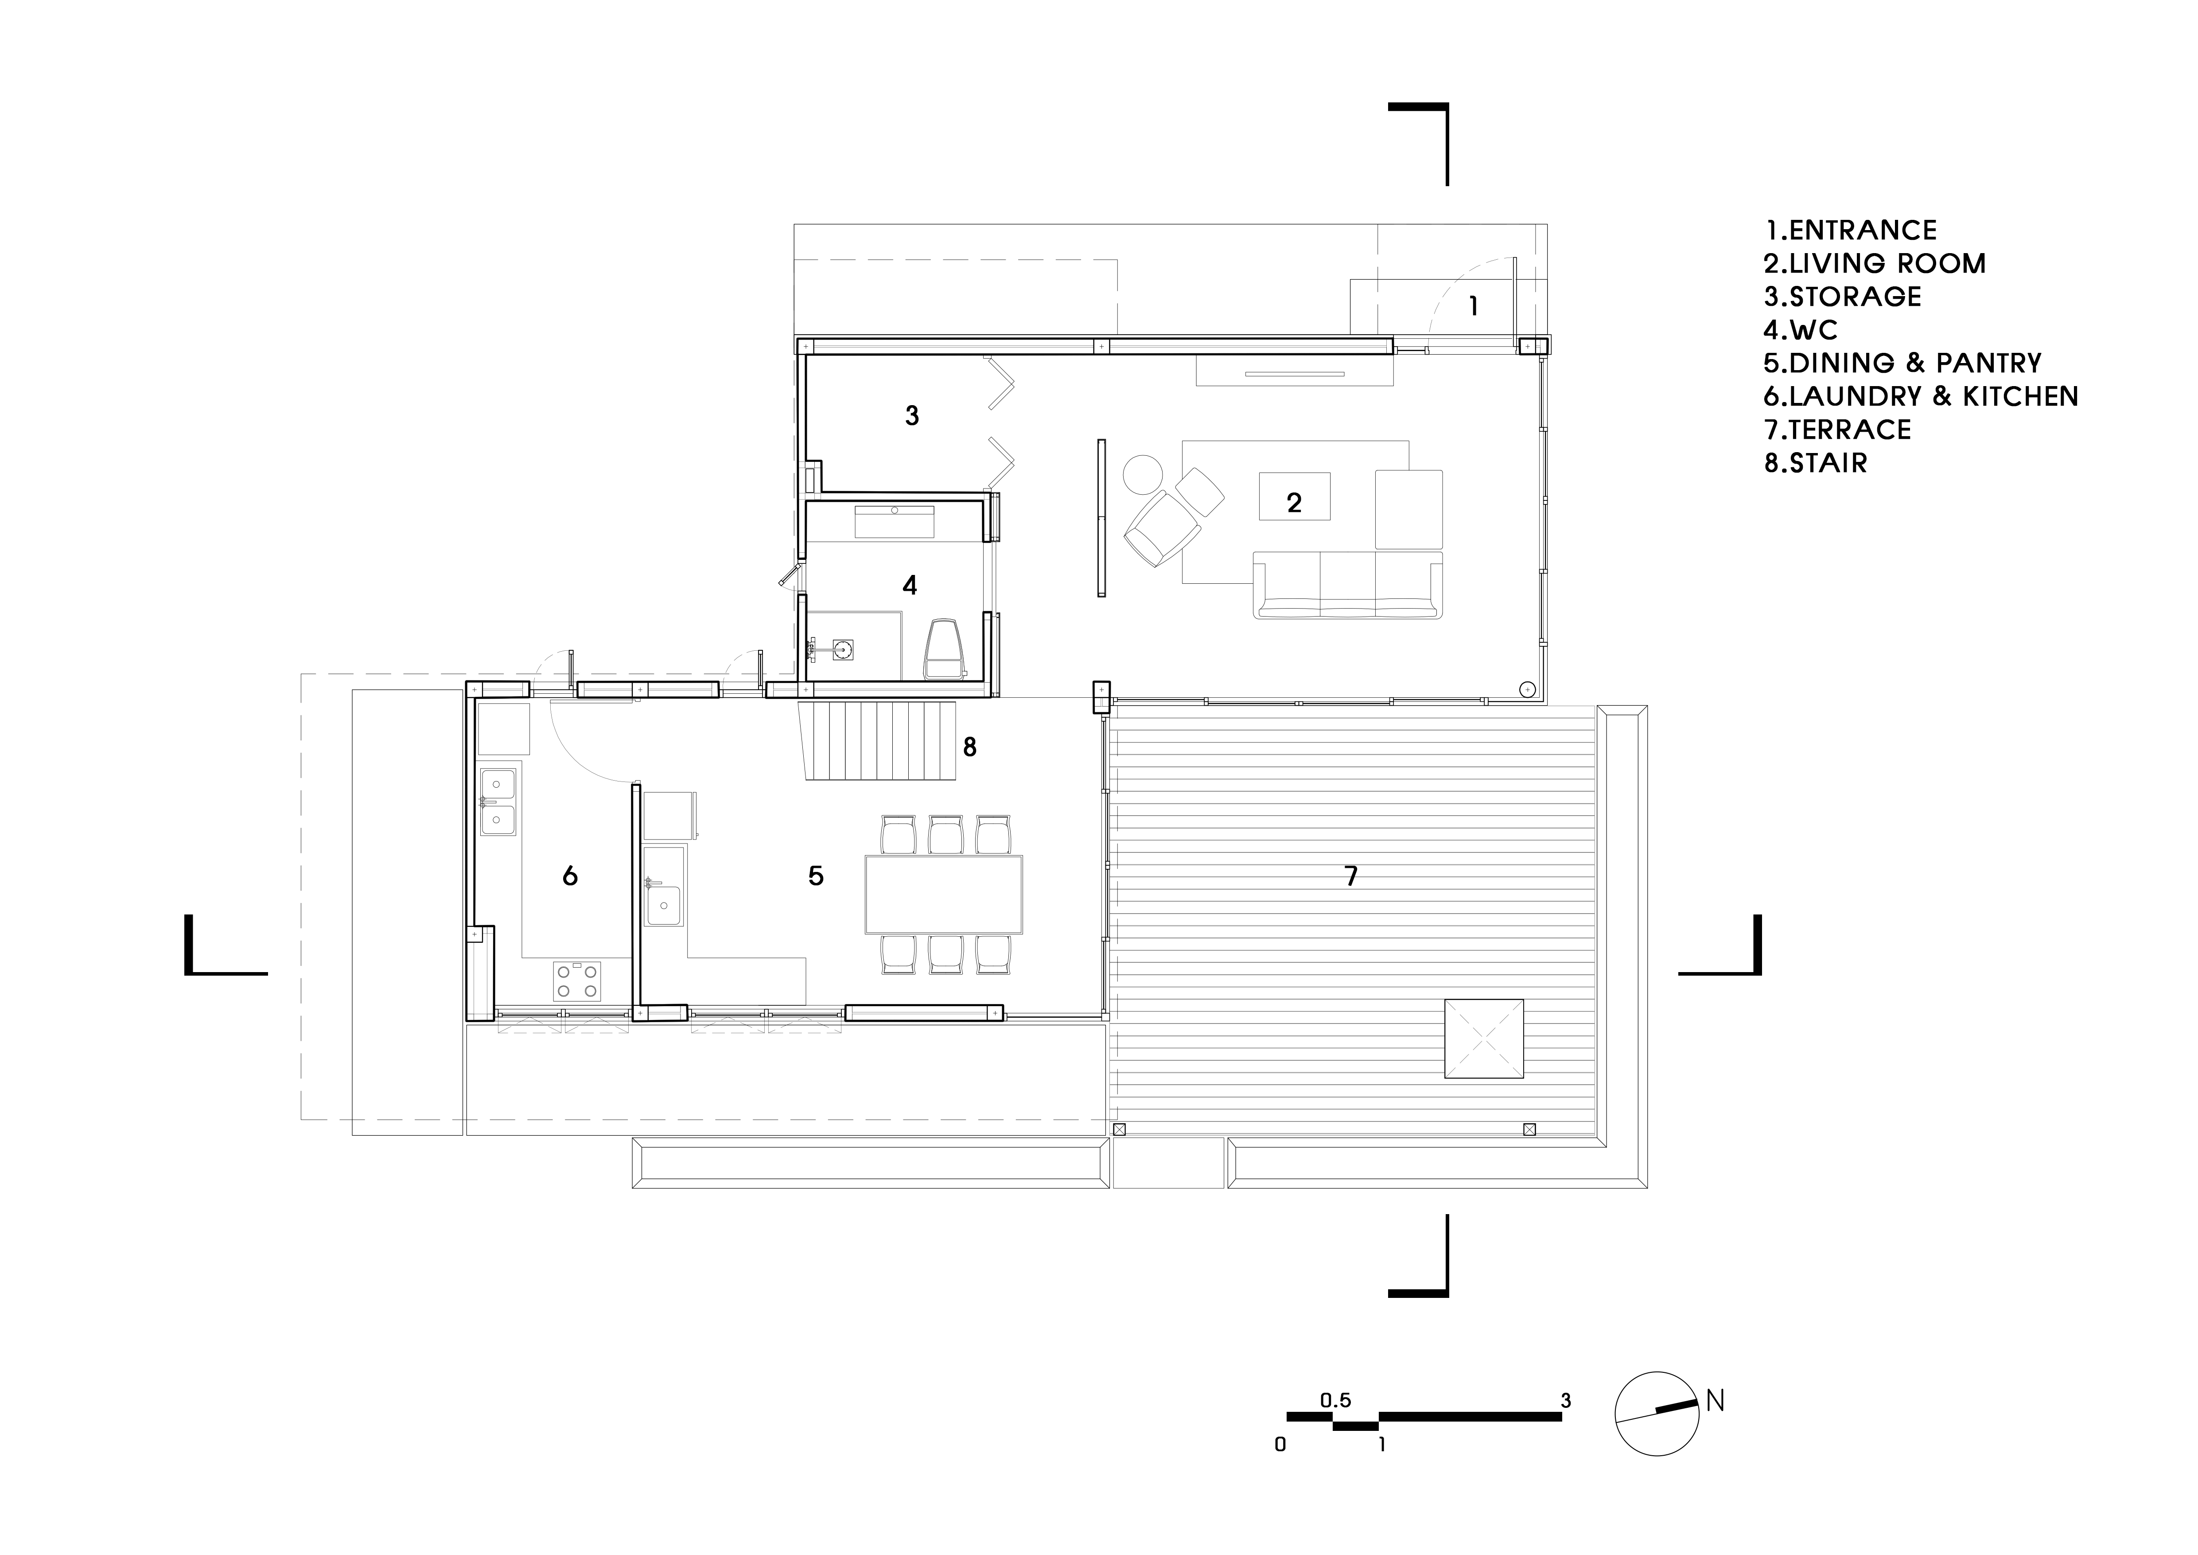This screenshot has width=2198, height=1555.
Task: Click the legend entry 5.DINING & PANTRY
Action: [1902, 363]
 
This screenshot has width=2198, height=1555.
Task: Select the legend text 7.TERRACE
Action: [1837, 430]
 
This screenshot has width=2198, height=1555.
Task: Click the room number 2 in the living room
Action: [1294, 503]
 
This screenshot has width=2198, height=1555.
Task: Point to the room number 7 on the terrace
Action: [1351, 876]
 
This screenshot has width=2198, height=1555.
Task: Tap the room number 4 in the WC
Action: [910, 585]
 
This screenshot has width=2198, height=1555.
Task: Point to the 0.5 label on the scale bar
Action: [1335, 1401]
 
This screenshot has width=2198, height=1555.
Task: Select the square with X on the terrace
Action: [1483, 1039]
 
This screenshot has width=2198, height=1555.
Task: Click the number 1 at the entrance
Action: [1473, 306]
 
